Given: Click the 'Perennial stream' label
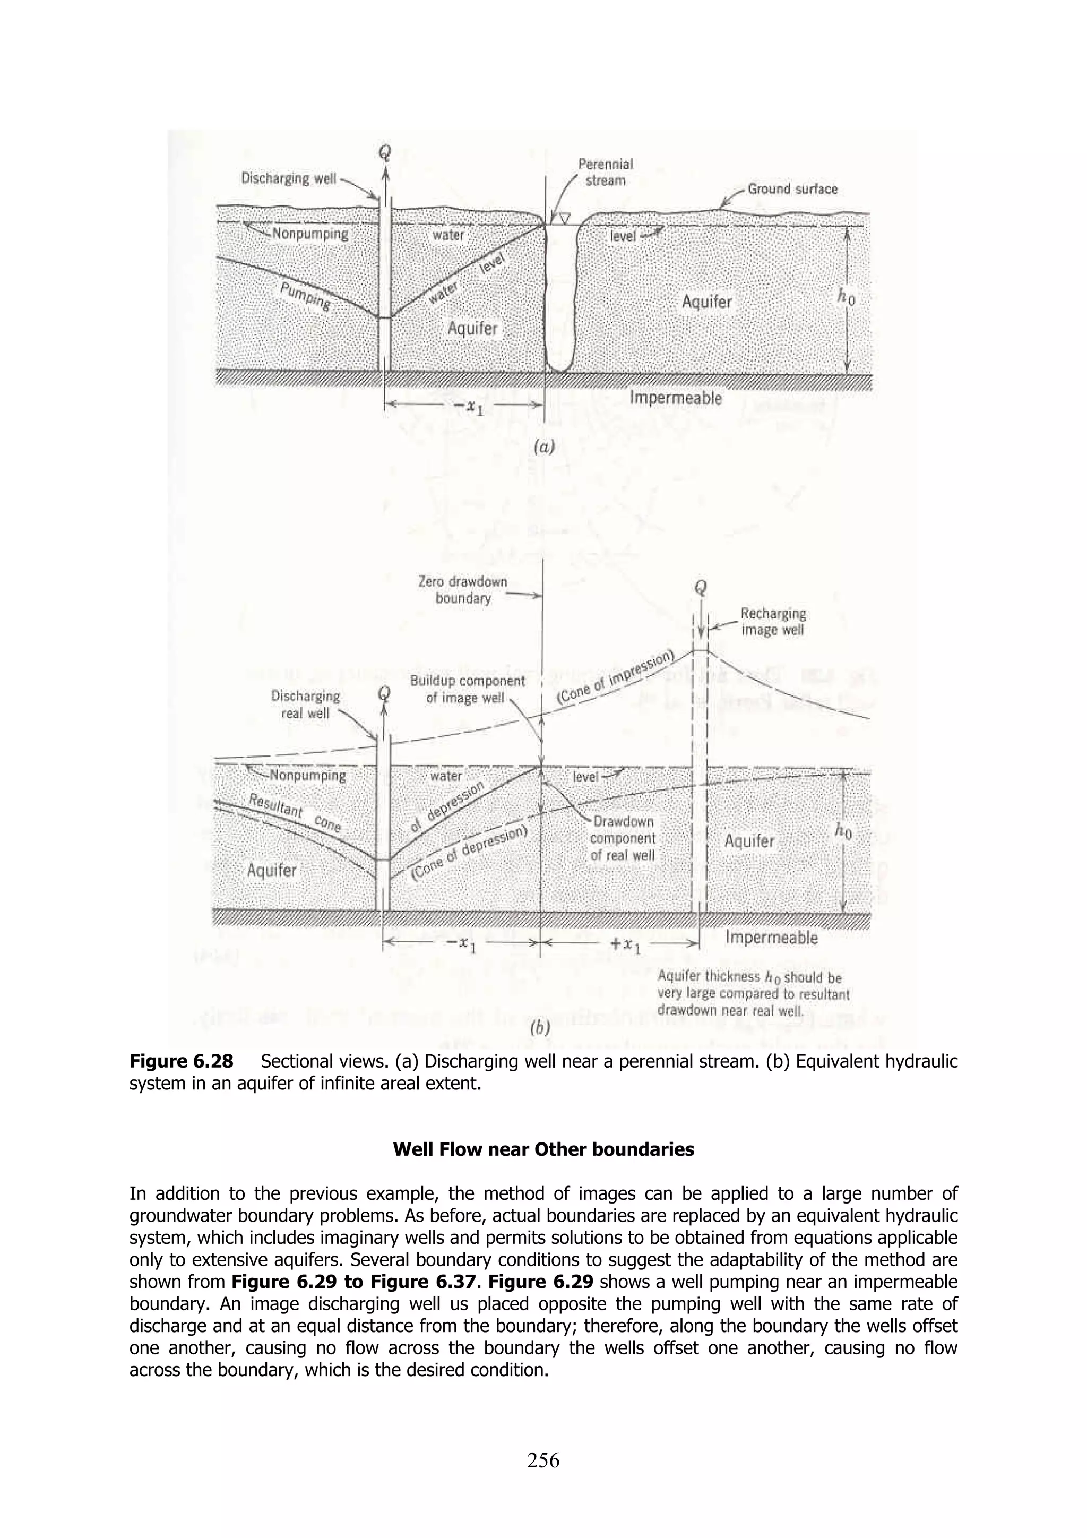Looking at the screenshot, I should point(605,172).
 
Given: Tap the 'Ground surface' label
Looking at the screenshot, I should point(792,189).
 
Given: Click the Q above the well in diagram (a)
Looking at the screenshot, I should point(384,153).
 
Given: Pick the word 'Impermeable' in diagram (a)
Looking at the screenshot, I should point(676,398).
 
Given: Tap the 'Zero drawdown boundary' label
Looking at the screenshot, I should point(463,589).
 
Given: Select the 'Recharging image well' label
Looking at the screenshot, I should point(773,622).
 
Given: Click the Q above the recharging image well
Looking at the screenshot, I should point(701,588).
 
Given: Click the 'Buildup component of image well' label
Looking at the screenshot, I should point(468,689).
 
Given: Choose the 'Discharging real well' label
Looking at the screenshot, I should point(305,704).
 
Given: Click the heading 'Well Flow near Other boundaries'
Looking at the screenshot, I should point(543,1150).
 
